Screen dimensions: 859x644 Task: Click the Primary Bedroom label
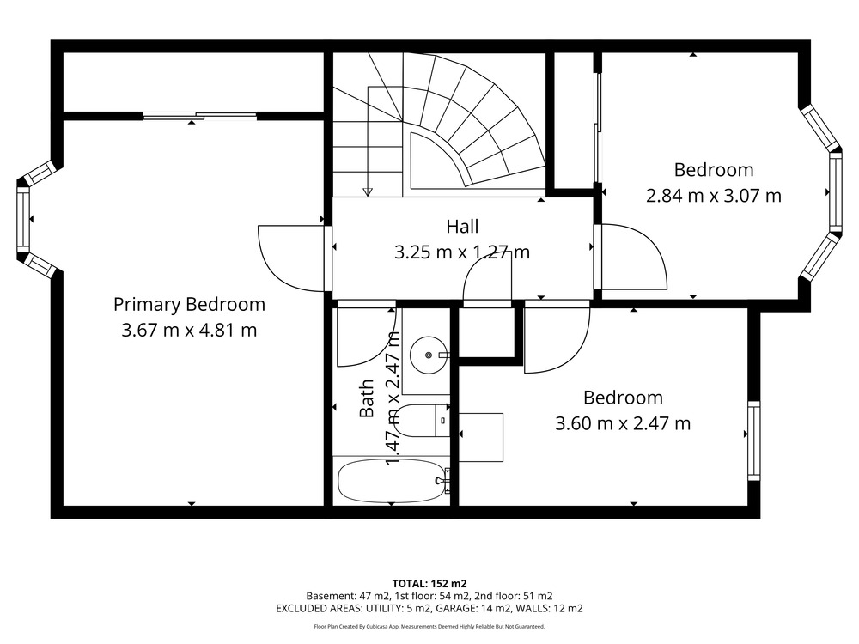[x=189, y=305]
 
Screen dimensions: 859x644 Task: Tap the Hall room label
[x=462, y=227]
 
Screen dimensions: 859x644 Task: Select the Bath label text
[x=367, y=398]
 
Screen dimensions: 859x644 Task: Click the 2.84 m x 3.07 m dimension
[x=713, y=196]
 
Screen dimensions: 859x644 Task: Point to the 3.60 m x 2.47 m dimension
[x=623, y=424]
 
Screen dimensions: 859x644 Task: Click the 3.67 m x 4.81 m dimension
[x=189, y=331]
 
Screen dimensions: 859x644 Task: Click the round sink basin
[x=429, y=355]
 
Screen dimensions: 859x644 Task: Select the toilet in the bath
[x=422, y=421]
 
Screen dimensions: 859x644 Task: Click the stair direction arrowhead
[x=368, y=191]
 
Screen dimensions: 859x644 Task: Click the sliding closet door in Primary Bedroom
[x=200, y=116]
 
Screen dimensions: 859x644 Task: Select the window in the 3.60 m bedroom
[x=754, y=440]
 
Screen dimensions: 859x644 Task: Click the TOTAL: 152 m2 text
[x=429, y=584]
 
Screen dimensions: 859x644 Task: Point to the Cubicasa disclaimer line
[x=429, y=627]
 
